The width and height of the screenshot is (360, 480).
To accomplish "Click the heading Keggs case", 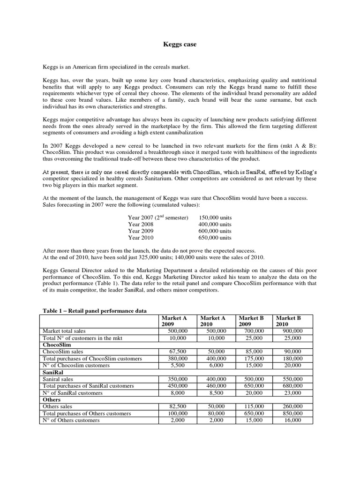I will tap(180, 45).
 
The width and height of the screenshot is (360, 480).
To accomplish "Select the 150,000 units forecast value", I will tap(215, 217).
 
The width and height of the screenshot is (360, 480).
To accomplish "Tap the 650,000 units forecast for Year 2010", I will tap(215, 237).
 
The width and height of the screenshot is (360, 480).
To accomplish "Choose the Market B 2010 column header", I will tap(288, 321).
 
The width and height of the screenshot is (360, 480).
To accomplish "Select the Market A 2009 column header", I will tap(173, 321).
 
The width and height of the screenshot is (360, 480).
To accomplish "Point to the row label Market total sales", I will tap(65, 330).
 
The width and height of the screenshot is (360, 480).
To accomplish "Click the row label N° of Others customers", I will tap(71, 420).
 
